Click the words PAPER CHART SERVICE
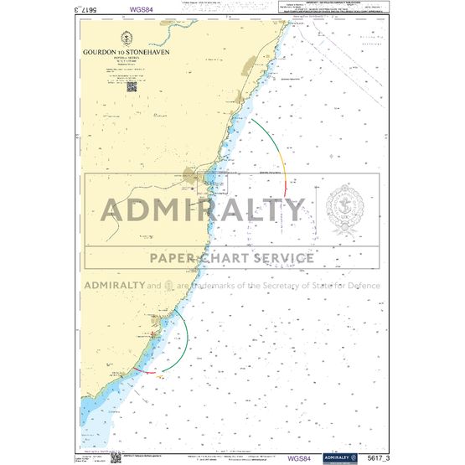(x=232, y=257)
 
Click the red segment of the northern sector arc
(x=286, y=189)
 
